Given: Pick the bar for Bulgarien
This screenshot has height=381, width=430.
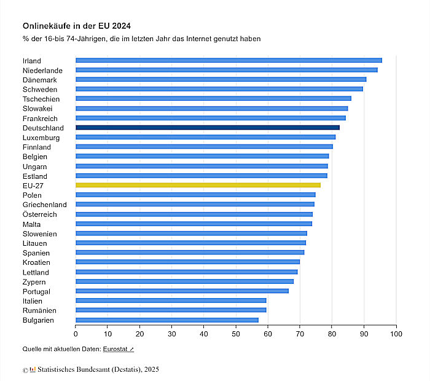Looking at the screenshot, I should pos(166,320).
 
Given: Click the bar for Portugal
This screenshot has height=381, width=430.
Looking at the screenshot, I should pos(182,291).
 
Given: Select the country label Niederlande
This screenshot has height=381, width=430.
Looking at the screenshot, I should pos(42,71).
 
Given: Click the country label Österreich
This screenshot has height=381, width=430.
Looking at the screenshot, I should pos(40,214).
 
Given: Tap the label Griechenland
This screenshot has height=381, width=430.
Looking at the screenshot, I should pos(45,205).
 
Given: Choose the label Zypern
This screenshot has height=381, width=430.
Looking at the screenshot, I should pos(34,281).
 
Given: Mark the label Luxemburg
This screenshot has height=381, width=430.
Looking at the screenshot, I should pos(41,138).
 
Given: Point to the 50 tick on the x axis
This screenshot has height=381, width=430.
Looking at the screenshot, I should pos(236,334).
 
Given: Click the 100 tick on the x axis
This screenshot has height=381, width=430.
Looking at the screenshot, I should pos(396,334).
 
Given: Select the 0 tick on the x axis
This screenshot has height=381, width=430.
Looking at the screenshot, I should pos(76,334).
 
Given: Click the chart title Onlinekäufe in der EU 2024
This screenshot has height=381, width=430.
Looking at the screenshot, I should pos(77,26).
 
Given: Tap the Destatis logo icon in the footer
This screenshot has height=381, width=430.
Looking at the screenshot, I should pos(33,370).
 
